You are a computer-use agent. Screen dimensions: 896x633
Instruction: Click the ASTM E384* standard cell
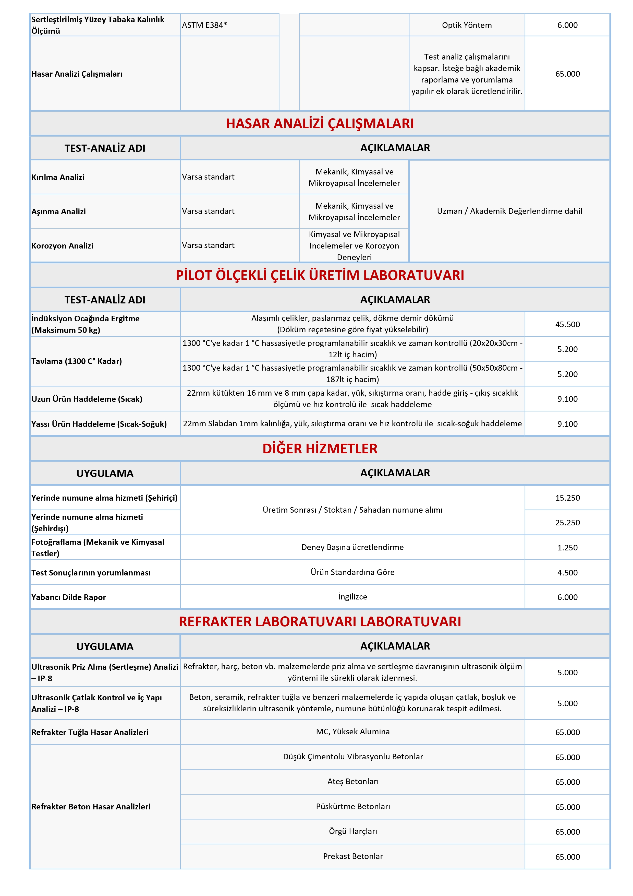(x=204, y=25)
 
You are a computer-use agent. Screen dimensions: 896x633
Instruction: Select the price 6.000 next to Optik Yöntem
(x=567, y=25)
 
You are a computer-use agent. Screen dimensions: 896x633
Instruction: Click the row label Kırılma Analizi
(x=58, y=177)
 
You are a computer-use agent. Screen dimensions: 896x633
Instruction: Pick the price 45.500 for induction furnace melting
(x=567, y=324)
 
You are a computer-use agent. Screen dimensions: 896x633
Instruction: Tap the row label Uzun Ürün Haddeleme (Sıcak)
(x=87, y=399)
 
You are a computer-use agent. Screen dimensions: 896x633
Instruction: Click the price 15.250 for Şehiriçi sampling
(x=567, y=498)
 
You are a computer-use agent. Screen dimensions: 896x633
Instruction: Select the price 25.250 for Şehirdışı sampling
(x=567, y=523)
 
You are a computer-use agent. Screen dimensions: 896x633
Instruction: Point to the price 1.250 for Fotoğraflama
(x=567, y=548)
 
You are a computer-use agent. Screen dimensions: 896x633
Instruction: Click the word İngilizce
(x=352, y=597)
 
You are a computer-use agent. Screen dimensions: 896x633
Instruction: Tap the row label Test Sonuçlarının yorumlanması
(x=91, y=572)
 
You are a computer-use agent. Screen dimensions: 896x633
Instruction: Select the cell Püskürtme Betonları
(x=352, y=806)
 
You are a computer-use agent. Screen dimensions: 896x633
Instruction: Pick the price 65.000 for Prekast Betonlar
(x=567, y=857)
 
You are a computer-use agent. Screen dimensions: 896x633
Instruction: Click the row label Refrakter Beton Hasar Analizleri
(x=91, y=807)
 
